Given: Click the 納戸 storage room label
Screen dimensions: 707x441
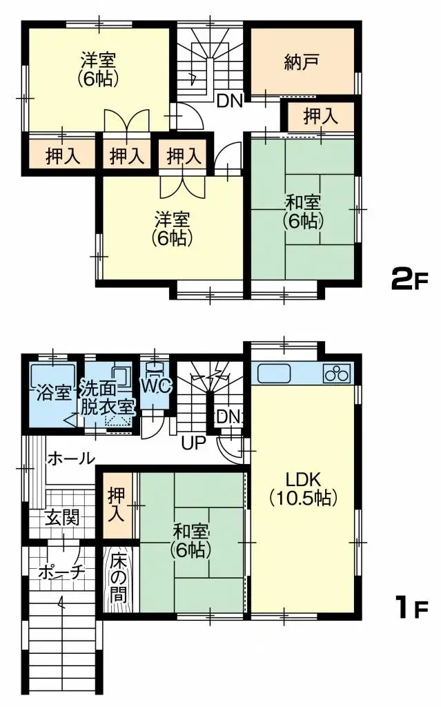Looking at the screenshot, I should (x=302, y=64).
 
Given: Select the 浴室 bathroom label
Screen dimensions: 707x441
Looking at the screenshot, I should (x=52, y=394).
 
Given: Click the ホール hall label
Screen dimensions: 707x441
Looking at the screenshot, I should (x=70, y=458).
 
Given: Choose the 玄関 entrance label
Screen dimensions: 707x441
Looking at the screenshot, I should (x=62, y=518).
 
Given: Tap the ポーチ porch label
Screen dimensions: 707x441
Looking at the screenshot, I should (x=61, y=572).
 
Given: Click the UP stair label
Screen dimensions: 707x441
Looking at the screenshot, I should (x=194, y=443).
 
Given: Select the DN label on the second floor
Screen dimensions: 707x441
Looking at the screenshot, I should (x=229, y=101).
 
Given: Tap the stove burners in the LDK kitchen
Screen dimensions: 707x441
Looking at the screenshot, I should (x=337, y=374).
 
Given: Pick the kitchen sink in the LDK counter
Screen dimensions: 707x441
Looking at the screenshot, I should (x=275, y=374).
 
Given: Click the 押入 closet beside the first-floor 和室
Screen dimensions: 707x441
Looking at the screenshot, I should (x=117, y=505).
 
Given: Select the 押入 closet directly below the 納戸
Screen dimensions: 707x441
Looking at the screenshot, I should (x=321, y=117).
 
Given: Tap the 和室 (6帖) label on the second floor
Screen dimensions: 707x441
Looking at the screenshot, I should (x=302, y=211).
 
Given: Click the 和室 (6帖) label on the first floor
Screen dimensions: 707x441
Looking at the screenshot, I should (x=190, y=541).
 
